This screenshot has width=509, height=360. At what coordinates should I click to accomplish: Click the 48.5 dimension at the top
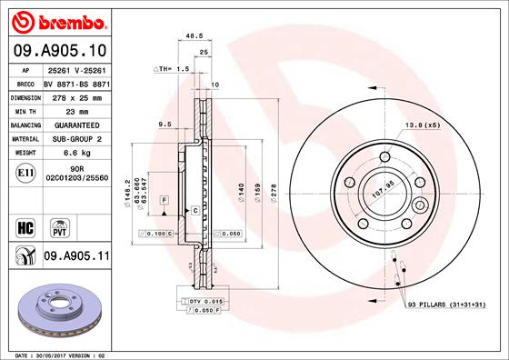[192, 37]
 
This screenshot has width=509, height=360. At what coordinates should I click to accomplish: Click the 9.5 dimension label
[165, 124]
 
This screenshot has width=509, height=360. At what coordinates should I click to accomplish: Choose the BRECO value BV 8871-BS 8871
[77, 82]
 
